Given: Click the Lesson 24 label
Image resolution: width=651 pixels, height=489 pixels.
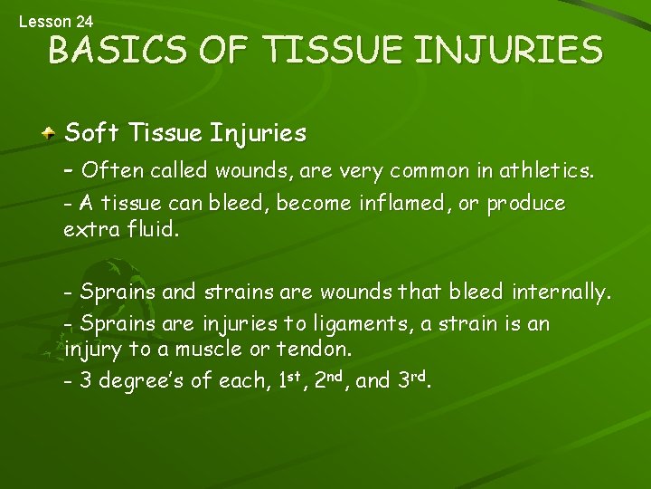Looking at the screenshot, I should (x=55, y=20).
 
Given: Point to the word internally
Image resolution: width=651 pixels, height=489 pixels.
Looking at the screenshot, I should (x=561, y=292).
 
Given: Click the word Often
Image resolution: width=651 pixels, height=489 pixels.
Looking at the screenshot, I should (x=108, y=170).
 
